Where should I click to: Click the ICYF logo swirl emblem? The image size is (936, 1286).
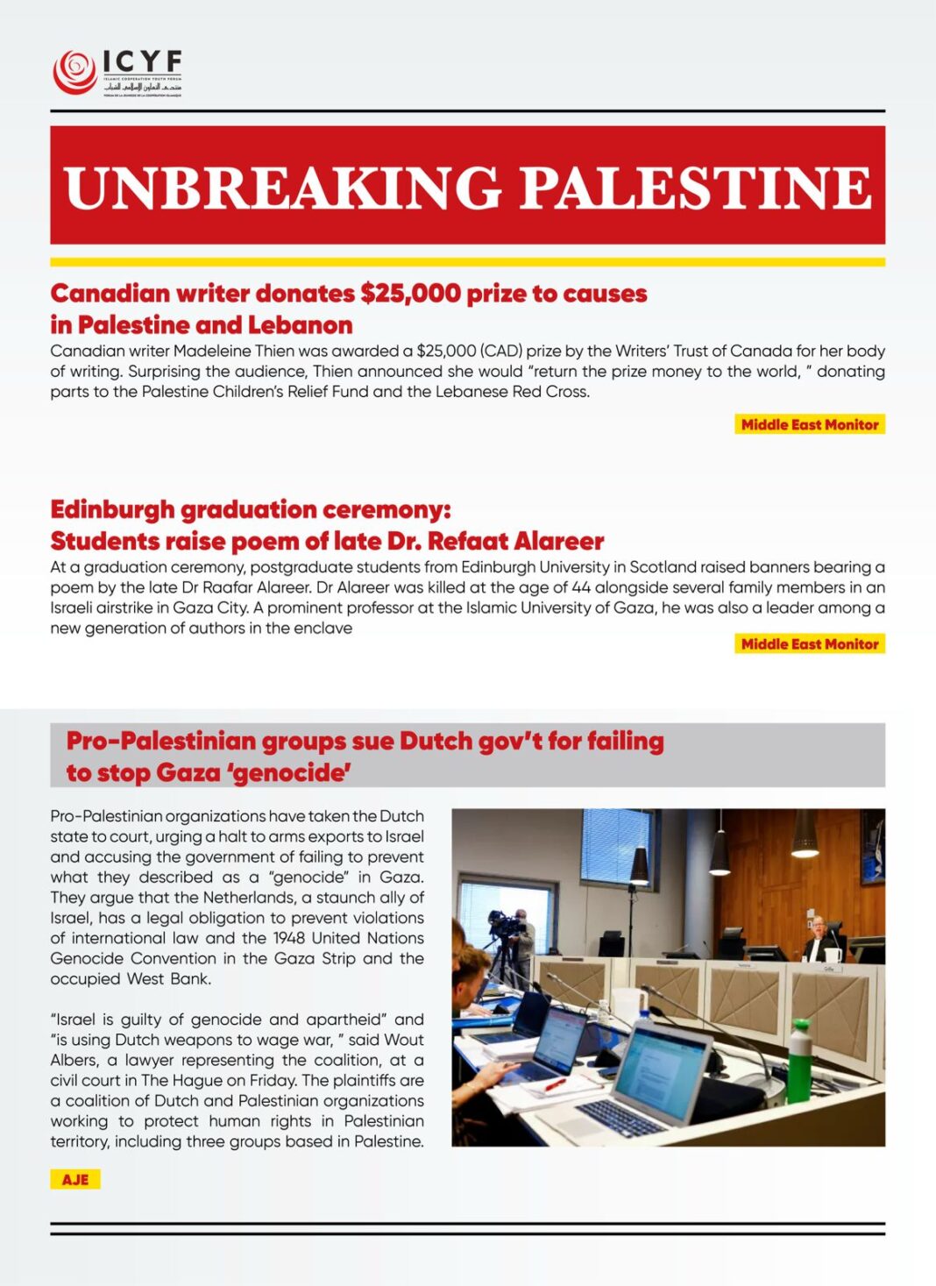(x=74, y=71)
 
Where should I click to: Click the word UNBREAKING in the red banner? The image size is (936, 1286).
(x=283, y=187)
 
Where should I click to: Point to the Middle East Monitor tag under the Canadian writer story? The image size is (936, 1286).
(x=809, y=424)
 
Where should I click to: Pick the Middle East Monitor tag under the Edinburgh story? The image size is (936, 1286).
(x=809, y=644)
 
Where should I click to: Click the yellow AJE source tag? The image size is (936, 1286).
(x=75, y=1180)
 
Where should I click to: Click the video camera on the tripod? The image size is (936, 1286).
(x=507, y=924)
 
